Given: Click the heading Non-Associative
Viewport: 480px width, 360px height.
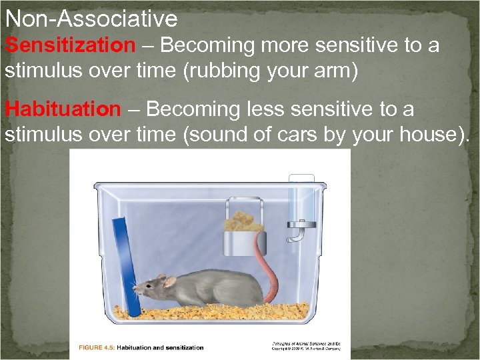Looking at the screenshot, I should [x=91, y=18].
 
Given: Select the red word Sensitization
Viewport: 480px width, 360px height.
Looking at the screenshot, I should [x=70, y=46].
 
